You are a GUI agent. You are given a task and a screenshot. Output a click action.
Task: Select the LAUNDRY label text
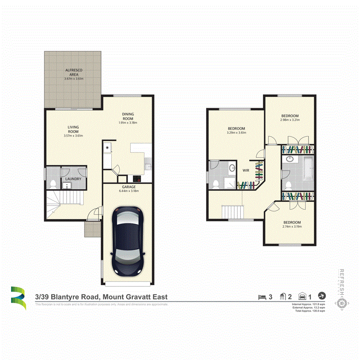(74, 179)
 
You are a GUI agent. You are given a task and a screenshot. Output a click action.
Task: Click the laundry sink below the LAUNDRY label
(66, 185)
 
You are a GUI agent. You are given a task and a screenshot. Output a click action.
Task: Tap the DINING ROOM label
(128, 116)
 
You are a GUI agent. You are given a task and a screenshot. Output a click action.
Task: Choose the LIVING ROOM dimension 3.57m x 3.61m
(73, 136)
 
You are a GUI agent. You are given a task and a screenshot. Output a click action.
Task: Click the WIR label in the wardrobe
(246, 170)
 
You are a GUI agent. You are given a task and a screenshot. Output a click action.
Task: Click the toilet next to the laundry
(53, 184)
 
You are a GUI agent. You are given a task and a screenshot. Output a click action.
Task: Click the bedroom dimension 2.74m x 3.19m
(292, 226)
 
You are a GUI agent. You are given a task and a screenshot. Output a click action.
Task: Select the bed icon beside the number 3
(262, 296)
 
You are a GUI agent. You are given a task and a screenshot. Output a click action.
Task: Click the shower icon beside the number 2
(283, 296)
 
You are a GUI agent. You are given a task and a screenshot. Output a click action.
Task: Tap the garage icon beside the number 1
(303, 296)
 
